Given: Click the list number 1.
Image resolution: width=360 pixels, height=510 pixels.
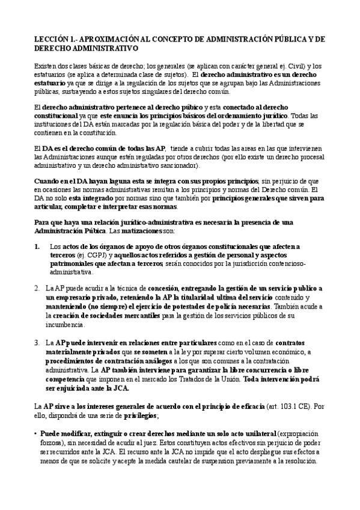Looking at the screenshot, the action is [x=37, y=247].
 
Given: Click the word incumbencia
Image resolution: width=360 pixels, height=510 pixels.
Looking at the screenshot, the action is [x=67, y=324].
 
